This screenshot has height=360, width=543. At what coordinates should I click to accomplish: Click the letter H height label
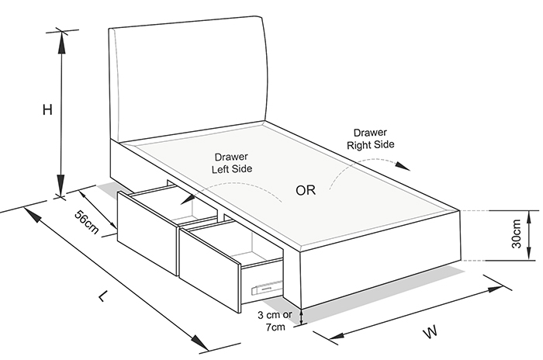point(47,110)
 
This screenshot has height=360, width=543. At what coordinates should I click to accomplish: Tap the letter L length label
point(103,296)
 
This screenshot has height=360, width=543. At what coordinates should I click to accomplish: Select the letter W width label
point(431,332)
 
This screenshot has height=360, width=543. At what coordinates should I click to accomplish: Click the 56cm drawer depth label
point(87,222)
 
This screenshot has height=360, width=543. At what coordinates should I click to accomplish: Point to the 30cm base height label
point(516,234)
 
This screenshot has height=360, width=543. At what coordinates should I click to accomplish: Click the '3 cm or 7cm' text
point(275,320)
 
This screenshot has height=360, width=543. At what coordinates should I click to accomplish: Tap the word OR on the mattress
point(306,190)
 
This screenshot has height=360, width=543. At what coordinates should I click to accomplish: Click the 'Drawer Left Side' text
point(232,163)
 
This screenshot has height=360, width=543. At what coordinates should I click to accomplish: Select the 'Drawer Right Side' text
point(371,139)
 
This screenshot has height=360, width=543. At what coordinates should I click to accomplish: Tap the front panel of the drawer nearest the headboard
point(147,231)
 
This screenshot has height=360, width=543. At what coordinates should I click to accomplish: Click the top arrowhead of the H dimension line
point(61,42)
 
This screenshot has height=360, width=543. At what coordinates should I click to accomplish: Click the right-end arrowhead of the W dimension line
point(496,289)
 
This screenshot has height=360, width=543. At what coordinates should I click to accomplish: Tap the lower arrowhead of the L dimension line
point(200,343)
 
